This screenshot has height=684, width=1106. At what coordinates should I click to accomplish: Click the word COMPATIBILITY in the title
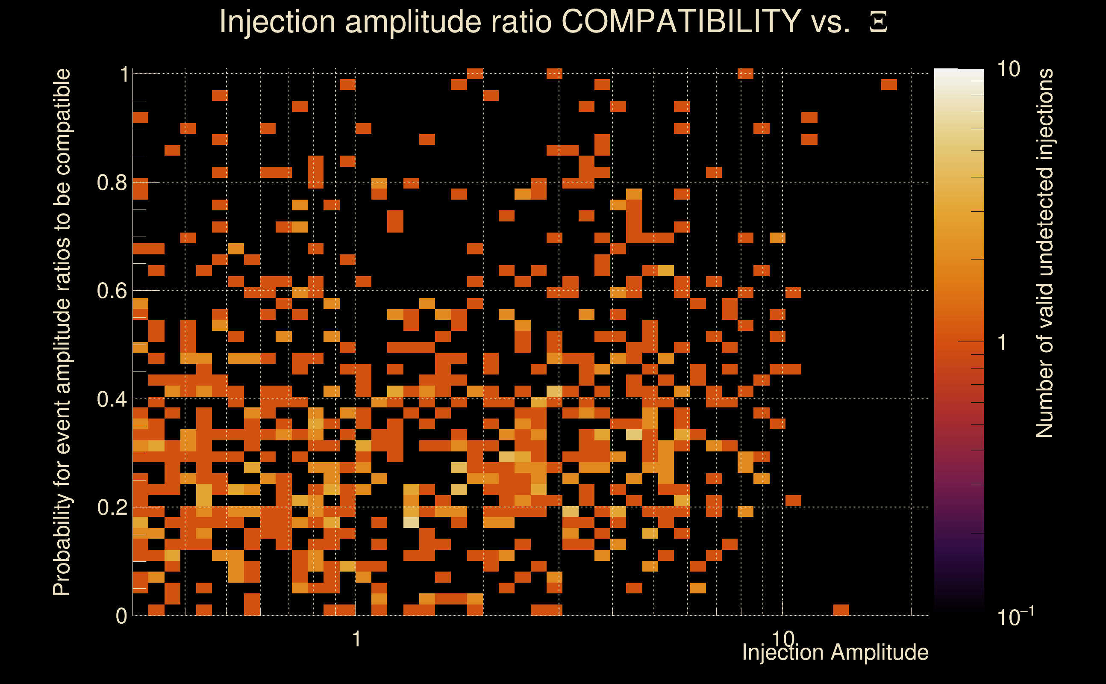coord(681,21)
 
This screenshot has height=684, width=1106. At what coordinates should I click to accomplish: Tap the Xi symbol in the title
coord(878,22)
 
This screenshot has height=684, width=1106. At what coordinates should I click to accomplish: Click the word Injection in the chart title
coord(277,22)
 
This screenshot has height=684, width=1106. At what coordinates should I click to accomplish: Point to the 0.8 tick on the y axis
coord(112,183)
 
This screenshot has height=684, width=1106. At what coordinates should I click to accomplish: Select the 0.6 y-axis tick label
coord(112,290)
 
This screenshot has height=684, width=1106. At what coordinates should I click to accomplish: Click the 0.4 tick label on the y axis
coord(112,399)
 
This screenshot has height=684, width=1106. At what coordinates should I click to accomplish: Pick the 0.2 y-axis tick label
coord(112,507)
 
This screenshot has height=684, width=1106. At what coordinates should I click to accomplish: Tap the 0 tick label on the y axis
coord(121,616)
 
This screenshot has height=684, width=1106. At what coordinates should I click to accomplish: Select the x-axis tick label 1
coord(356,639)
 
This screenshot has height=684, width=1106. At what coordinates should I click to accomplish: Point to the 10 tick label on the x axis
coord(782,638)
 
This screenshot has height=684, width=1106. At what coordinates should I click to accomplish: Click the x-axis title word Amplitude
coord(880,652)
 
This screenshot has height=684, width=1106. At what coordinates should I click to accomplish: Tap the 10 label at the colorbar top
coord(1008,69)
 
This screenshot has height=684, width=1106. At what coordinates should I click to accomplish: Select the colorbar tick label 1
coord(1002,342)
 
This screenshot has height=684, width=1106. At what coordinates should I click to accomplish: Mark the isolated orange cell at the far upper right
coord(889,85)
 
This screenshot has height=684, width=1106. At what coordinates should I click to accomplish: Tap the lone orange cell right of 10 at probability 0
coord(841,610)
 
